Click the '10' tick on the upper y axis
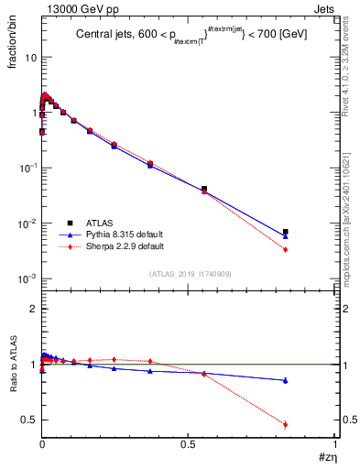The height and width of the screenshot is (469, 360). (29, 57)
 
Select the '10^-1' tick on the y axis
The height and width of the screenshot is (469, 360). (27, 168)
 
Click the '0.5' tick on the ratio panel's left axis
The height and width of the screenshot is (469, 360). (29, 420)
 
